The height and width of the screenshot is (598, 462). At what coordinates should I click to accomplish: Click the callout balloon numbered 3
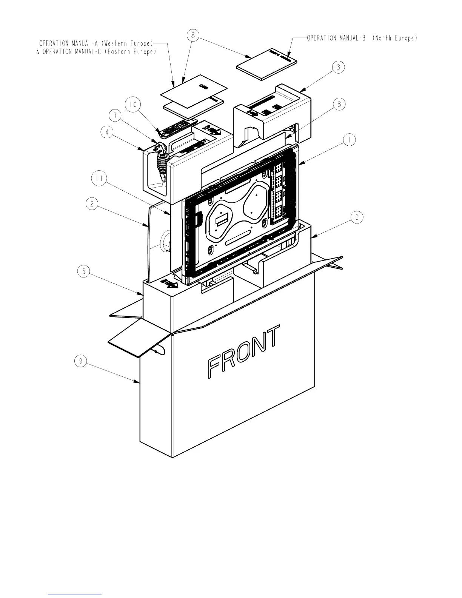pyautogui.click(x=339, y=67)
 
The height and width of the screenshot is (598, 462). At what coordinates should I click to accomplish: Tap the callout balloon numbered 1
pyautogui.click(x=350, y=140)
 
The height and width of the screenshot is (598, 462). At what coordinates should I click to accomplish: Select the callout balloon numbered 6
pyautogui.click(x=357, y=217)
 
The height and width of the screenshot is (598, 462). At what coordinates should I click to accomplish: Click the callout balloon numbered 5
pyautogui.click(x=84, y=271)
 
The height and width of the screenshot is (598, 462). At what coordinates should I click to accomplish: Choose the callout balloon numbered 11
pyautogui.click(x=99, y=179)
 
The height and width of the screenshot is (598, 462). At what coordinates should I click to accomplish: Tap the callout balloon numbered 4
pyautogui.click(x=108, y=132)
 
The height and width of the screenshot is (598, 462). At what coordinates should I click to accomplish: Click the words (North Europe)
pyautogui.click(x=395, y=38)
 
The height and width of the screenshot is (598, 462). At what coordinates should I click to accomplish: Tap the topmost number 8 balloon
pyautogui.click(x=193, y=35)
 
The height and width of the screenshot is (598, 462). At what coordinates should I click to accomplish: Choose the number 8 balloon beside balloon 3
pyautogui.click(x=339, y=104)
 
